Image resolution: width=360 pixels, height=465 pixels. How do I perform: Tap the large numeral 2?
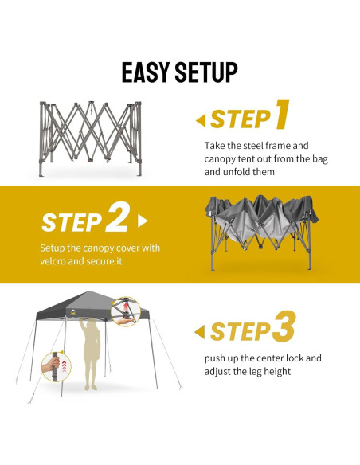[x=117, y=217]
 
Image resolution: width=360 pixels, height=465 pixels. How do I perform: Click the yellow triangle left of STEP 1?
[x=200, y=120]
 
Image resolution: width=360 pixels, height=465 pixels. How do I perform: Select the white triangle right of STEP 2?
[x=143, y=220]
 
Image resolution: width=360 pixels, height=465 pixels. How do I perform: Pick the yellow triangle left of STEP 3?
[x=200, y=330]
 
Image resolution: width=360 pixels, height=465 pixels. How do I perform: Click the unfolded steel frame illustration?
[x=95, y=137]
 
